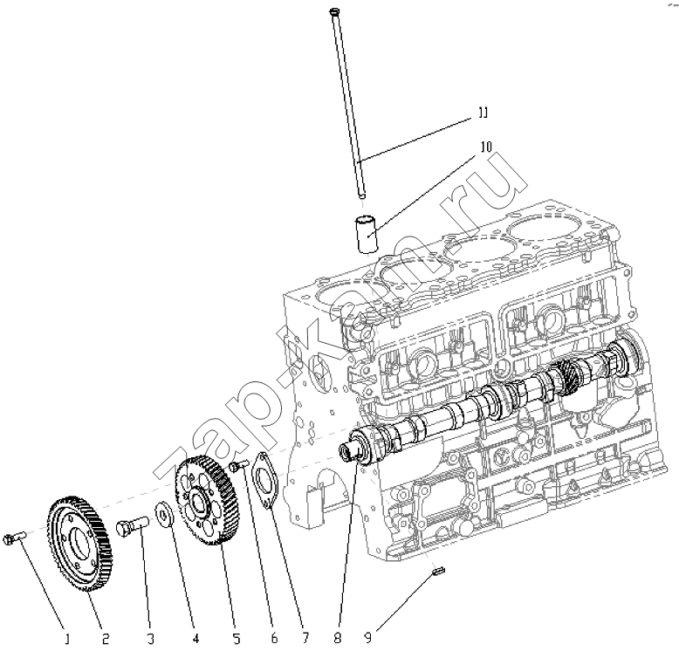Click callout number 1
pyautogui.click(x=65, y=639)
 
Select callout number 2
pyautogui.click(x=106, y=639)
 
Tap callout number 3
pyautogui.click(x=150, y=639)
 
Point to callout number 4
pyautogui.click(x=195, y=639)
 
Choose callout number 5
pyautogui.click(x=236, y=639)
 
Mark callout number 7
pyautogui.click(x=305, y=639)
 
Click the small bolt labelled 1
pyautogui.click(x=11, y=538)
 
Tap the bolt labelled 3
pyautogui.click(x=131, y=527)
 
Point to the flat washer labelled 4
pyautogui.click(x=163, y=511)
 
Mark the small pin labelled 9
pyautogui.click(x=438, y=572)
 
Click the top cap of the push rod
pyautogui.click(x=334, y=11)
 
